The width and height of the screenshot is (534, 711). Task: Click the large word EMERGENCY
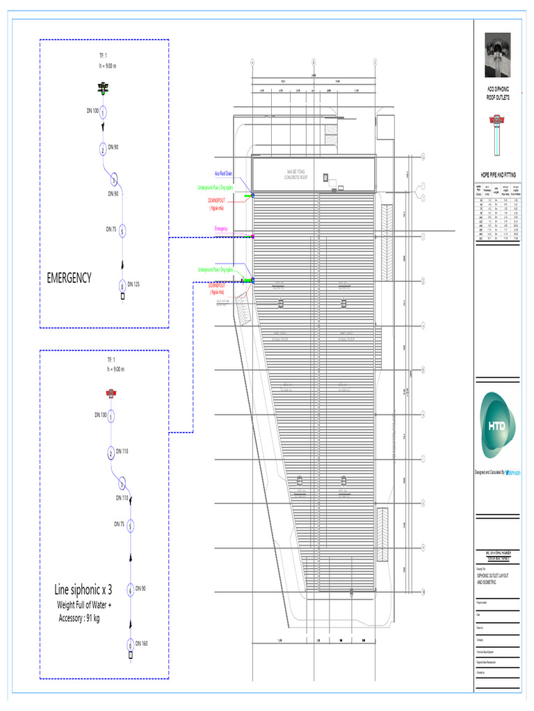pos(69,278)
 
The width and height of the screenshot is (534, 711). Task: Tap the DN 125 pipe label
pos(132,284)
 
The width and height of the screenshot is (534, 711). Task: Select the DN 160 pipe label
pos(141,644)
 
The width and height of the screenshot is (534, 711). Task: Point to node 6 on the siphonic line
pos(130,591)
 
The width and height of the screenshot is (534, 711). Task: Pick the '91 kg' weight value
pos(92,617)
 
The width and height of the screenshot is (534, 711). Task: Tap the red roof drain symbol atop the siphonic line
pos(111,394)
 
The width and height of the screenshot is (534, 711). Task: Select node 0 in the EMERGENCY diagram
pos(122,286)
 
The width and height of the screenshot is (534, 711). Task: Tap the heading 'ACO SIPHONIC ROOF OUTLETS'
pos(497,94)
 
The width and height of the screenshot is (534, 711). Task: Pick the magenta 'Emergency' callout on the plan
pos(221,229)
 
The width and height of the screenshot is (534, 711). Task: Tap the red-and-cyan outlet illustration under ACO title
pos(497,132)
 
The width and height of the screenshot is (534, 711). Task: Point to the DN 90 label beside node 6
pos(140,588)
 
